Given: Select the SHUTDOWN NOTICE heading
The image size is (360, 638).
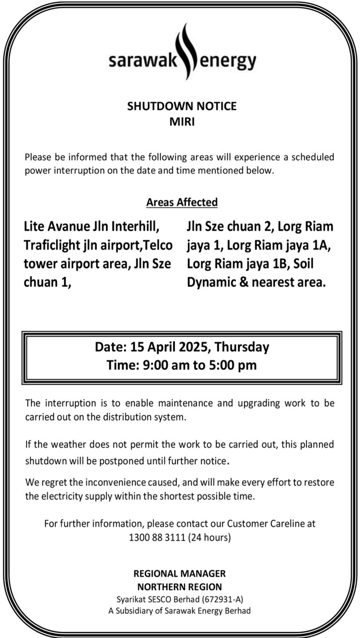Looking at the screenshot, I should pos(182,106).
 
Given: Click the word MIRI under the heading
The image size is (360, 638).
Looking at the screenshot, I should pos(182,122).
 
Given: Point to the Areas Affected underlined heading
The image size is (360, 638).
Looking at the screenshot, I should pos(182,202).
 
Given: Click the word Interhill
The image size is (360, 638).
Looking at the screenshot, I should pos(135,227).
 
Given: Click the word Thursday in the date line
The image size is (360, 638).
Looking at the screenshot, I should pos(242,347).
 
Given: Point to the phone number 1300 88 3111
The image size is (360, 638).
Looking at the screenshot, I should pos(157,537).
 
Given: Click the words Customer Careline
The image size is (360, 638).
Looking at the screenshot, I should pos(264,523).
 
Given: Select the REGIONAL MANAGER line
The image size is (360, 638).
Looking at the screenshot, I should pos(180,573).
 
